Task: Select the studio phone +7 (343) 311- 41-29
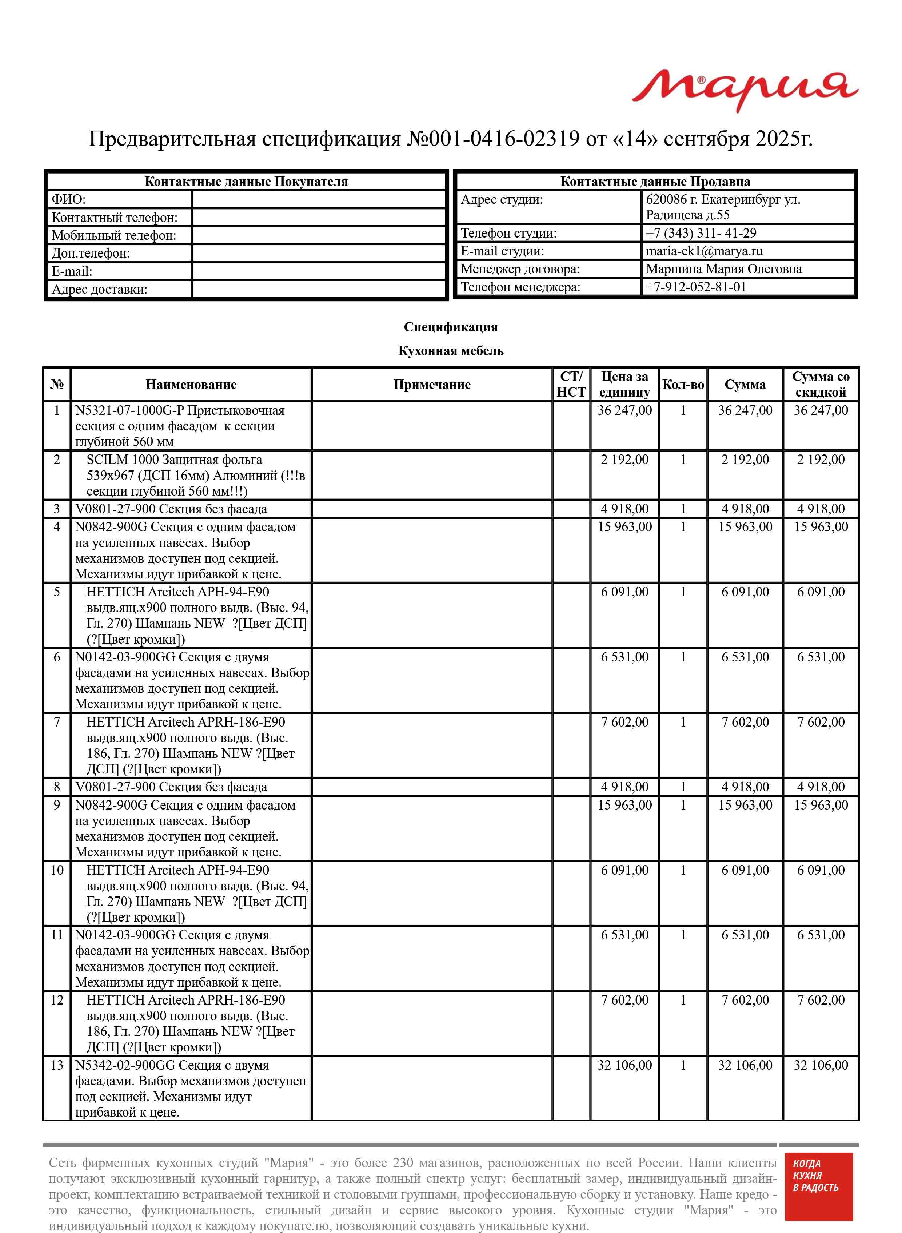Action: coord(701,233)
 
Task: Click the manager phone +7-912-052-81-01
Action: coord(696,287)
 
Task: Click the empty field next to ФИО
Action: coord(319,199)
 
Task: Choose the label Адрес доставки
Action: coord(99,289)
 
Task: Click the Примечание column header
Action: coord(431,385)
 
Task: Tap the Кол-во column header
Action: coord(683,385)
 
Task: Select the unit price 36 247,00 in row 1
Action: coord(624,411)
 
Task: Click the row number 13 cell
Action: coord(57,1065)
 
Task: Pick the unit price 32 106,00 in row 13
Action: coord(624,1065)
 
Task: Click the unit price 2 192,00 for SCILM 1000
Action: coord(624,460)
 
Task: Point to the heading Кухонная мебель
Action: coord(450,351)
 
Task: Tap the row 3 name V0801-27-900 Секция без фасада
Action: coord(171,509)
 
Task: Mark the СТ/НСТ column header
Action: coord(571,385)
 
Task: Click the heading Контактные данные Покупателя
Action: coord(246,182)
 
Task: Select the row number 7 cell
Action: coord(57,723)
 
